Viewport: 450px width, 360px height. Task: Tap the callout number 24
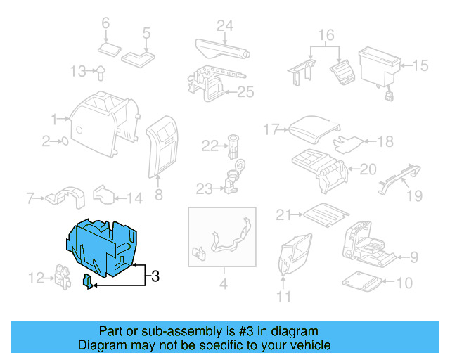(224, 26)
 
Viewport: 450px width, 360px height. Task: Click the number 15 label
(420, 66)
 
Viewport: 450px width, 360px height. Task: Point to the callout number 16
(326, 34)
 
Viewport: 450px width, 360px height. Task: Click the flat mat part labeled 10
(364, 283)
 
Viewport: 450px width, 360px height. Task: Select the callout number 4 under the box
(223, 285)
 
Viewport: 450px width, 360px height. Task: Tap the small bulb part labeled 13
(101, 70)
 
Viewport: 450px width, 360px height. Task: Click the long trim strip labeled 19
(401, 176)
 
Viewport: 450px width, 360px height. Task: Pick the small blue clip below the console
(87, 283)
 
